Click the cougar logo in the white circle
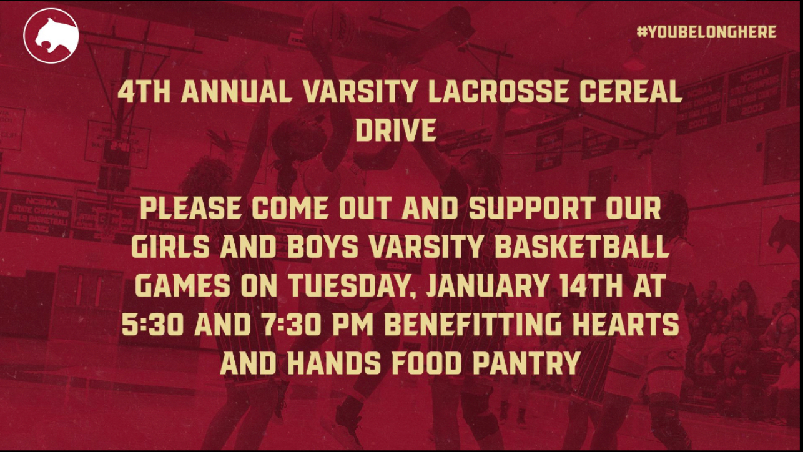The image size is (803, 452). click(x=51, y=36)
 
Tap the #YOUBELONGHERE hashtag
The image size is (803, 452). click(x=707, y=32)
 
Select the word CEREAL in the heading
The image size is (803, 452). click(x=631, y=91)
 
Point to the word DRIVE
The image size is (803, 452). click(x=396, y=130)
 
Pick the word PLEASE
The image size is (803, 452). click(x=190, y=208)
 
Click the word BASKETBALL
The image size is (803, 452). click(x=582, y=247)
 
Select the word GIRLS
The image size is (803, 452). click(x=170, y=247)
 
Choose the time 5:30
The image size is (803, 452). click(x=153, y=325)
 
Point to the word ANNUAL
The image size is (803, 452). click(x=237, y=91)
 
